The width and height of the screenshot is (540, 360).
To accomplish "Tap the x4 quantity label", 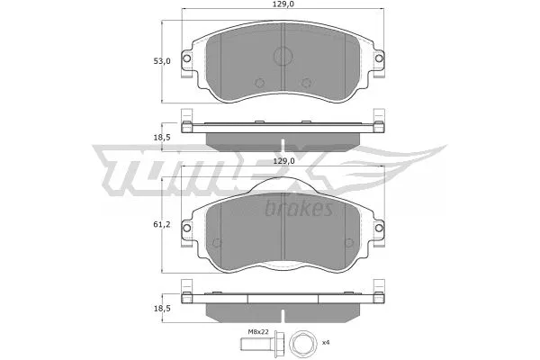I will [x=327, y=343].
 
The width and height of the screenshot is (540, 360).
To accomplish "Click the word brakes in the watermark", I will [x=300, y=209].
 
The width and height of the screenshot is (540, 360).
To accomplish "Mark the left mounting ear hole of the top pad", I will [x=186, y=60].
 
